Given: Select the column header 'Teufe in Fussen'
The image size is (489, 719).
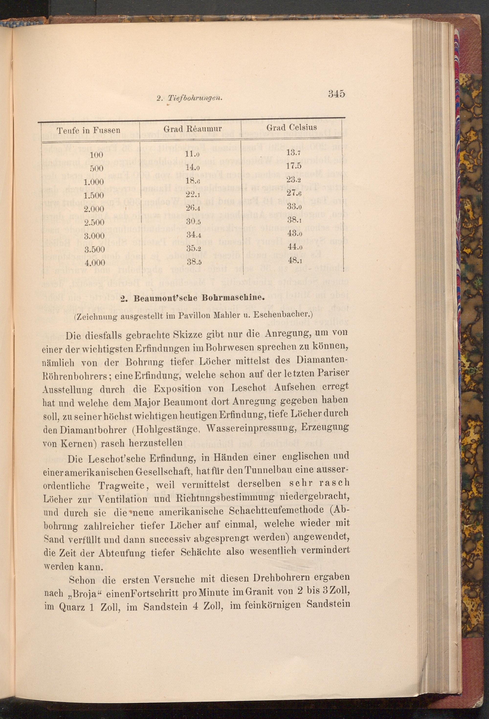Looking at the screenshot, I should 89,130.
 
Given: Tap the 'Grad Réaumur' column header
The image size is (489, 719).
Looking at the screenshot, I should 192,129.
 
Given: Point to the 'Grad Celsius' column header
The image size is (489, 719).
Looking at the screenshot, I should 291,127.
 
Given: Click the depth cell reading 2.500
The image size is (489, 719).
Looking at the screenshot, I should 94,222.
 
